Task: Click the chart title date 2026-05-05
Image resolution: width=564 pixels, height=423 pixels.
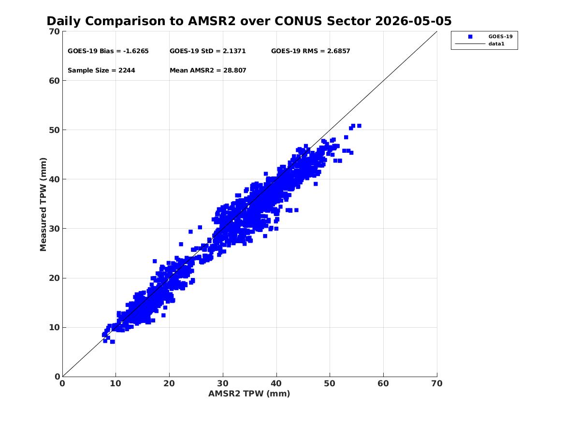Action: [413, 21]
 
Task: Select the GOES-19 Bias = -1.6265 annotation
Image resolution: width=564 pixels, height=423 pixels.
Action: [108, 51]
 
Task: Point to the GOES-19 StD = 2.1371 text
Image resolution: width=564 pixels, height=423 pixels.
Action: [207, 51]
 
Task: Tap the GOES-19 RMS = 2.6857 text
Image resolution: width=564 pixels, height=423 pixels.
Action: [310, 51]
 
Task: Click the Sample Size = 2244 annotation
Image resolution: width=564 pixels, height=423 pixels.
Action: [101, 71]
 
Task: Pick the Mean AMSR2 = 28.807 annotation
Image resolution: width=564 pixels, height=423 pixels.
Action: [208, 71]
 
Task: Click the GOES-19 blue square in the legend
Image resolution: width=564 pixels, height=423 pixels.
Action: [470, 37]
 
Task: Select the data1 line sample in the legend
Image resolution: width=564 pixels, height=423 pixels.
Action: [470, 44]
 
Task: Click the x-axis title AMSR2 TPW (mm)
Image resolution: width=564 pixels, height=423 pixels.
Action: [249, 394]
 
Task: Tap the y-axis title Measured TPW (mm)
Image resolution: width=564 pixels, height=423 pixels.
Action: [43, 204]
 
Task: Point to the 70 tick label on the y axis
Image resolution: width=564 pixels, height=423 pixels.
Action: [54, 31]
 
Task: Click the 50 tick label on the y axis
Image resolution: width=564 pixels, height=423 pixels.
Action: [54, 130]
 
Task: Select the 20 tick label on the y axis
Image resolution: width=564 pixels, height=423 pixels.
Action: [54, 278]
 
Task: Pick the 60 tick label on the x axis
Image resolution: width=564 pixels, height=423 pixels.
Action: [383, 383]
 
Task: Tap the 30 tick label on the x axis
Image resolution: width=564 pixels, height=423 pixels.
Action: [223, 383]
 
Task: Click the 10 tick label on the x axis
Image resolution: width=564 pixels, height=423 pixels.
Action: [116, 383]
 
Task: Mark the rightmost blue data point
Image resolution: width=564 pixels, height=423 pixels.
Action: [359, 126]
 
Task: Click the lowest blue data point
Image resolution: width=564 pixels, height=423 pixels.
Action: [113, 342]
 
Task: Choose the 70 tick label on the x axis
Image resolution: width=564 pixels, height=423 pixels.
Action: [437, 383]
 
